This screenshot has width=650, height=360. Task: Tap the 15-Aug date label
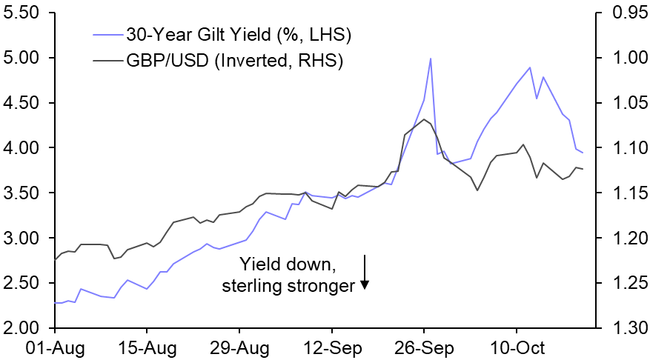pyautogui.click(x=147, y=347)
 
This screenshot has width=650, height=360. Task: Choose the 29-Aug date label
pyautogui.click(x=239, y=347)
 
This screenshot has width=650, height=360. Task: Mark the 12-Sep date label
pyautogui.click(x=331, y=347)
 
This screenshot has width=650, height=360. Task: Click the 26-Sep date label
pyautogui.click(x=423, y=347)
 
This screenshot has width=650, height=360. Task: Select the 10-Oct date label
pyautogui.click(x=516, y=347)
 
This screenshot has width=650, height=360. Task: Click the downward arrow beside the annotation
pyautogui.click(x=365, y=273)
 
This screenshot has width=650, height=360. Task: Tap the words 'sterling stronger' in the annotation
pyautogui.click(x=288, y=286)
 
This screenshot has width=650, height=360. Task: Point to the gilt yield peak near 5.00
pyautogui.click(x=431, y=59)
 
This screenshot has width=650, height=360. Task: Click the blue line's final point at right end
pyautogui.click(x=583, y=153)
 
